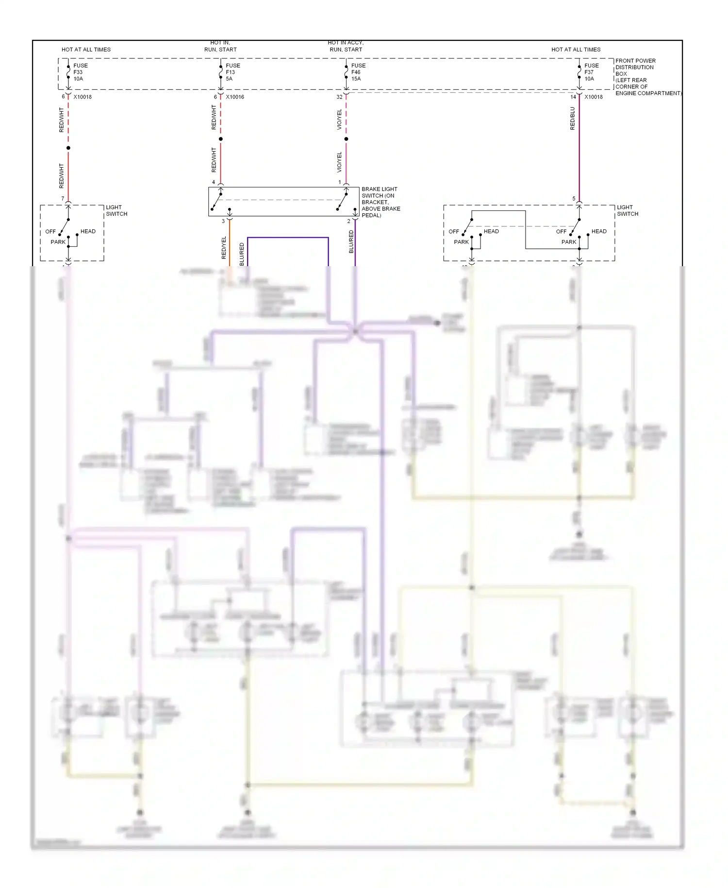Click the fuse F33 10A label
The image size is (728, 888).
80,72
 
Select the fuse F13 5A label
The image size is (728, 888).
232,72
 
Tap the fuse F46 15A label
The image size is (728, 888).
358,72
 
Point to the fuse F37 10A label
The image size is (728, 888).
591,72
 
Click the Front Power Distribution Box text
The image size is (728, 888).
647,77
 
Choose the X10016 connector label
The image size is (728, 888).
235,97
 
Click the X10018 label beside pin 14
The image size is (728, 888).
593,97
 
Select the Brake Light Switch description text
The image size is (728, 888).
381,202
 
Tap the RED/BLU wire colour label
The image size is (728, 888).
572,119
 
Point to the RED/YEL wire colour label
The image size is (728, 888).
224,247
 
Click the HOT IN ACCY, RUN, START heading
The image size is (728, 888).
346,46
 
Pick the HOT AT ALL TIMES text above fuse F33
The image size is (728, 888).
86,50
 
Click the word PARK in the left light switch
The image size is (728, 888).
58,242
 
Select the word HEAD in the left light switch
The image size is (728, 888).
88,231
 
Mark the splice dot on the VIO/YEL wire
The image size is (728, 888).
346,139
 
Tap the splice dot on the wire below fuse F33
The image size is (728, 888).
68,148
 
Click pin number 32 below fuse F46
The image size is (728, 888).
339,97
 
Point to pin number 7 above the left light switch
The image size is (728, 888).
63,199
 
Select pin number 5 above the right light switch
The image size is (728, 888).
574,199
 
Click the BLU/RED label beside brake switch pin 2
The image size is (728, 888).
351,241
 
